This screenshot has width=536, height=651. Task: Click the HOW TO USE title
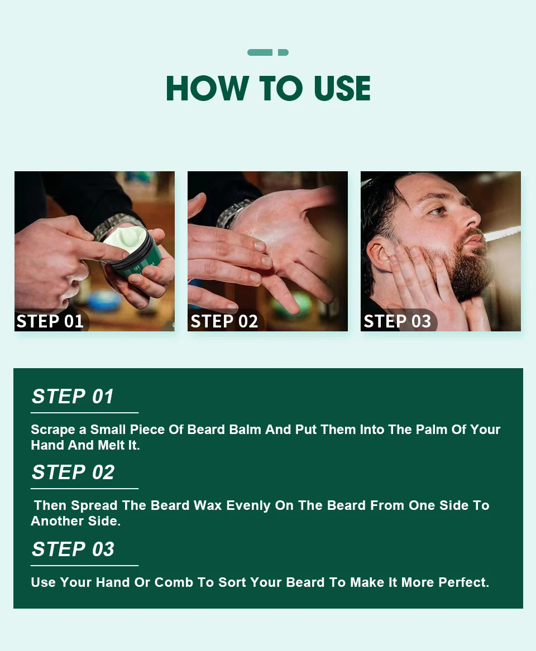[x=268, y=88]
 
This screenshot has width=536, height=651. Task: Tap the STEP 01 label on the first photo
[x=50, y=321]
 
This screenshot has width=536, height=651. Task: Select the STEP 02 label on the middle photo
[x=224, y=321]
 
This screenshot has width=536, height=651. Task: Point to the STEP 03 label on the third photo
[x=397, y=321]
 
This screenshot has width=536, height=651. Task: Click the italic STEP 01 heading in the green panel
[x=73, y=397]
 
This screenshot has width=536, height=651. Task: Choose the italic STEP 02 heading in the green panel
[x=73, y=472]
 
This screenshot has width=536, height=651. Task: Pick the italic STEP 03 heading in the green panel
[x=73, y=549]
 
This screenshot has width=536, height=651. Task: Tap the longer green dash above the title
[x=260, y=52]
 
